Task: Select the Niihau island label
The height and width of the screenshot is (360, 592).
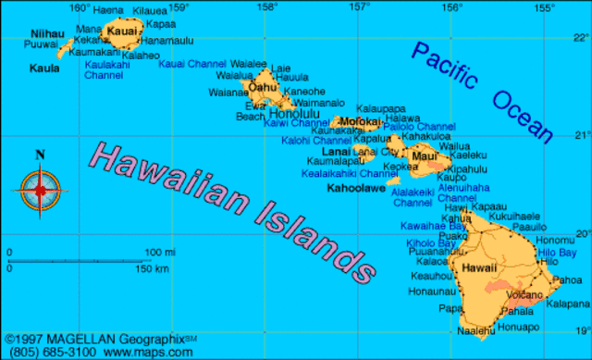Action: click(x=47, y=33)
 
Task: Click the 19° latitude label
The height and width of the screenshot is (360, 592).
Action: click(x=580, y=330)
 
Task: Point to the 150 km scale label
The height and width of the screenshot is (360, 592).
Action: click(x=152, y=268)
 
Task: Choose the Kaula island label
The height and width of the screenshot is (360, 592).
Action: click(x=43, y=68)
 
